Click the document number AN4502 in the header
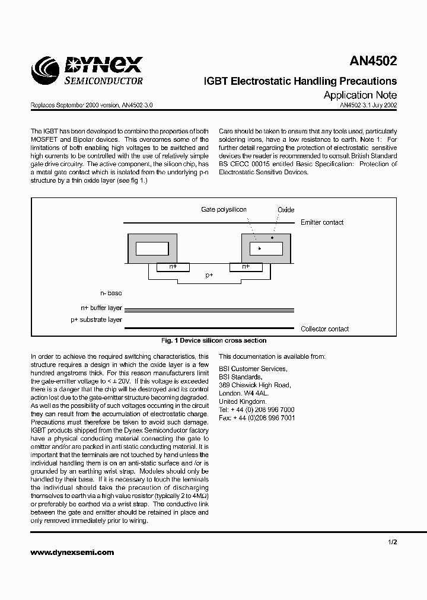[373, 61]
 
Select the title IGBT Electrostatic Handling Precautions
[300, 81]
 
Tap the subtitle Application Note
[360, 95]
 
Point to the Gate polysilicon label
[224, 210]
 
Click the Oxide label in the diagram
[286, 210]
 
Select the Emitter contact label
[322, 222]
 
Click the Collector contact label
[324, 329]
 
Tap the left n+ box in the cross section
[173, 267]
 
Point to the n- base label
[111, 293]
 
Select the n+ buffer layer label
[101, 308]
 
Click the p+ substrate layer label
[97, 320]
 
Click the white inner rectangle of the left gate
[152, 248]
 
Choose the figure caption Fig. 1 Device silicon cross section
[213, 341]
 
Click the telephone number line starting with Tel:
[256, 410]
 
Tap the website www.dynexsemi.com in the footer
[72, 552]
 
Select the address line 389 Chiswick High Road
[254, 385]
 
